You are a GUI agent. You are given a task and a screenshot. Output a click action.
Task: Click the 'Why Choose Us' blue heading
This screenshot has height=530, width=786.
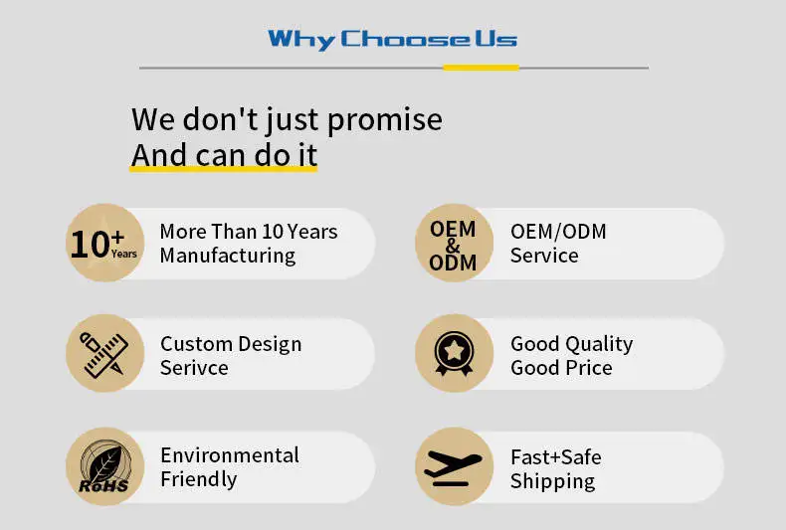pyautogui.click(x=392, y=40)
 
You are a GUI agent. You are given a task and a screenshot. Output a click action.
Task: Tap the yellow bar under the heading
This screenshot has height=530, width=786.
pyautogui.click(x=481, y=68)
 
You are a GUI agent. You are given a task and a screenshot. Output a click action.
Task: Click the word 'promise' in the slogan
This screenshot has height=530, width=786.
pyautogui.click(x=385, y=120)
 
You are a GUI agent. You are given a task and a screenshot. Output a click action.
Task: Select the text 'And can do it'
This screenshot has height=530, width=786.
pyautogui.click(x=224, y=155)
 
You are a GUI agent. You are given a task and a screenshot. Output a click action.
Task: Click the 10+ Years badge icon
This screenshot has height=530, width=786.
pyautogui.click(x=104, y=243)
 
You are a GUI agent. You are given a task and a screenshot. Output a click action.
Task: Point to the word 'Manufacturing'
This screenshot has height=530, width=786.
pyautogui.click(x=228, y=256)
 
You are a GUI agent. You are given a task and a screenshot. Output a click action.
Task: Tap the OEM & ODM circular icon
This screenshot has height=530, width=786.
pyautogui.click(x=454, y=243)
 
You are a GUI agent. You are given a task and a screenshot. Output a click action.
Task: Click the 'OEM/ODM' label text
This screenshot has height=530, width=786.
pyautogui.click(x=558, y=232)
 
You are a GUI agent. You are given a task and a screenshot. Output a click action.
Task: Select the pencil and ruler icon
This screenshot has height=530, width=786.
pyautogui.click(x=104, y=353)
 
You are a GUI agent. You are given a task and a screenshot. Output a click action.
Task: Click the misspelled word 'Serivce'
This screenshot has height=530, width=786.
pyautogui.click(x=194, y=368)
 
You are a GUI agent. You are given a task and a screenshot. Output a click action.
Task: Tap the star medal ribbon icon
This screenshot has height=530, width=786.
pyautogui.click(x=454, y=353)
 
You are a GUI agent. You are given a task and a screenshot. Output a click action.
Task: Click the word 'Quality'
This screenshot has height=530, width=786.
pyautogui.click(x=599, y=345)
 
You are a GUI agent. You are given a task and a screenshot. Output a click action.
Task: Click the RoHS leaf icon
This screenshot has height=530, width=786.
pyautogui.click(x=104, y=466)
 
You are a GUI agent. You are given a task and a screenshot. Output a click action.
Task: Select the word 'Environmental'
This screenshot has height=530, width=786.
pyautogui.click(x=230, y=455)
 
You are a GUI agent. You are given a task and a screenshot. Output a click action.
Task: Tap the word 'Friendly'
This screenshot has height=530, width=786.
pyautogui.click(x=199, y=479)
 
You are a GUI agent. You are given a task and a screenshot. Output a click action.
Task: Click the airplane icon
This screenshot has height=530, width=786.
pyautogui.click(x=454, y=466)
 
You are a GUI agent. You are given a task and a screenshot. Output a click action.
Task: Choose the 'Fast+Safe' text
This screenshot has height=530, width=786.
pyautogui.click(x=556, y=456)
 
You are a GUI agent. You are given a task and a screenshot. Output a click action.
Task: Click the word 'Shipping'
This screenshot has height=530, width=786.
pyautogui.click(x=552, y=481)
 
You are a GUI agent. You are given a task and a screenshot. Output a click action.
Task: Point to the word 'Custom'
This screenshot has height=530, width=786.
pyautogui.click(x=197, y=344)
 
